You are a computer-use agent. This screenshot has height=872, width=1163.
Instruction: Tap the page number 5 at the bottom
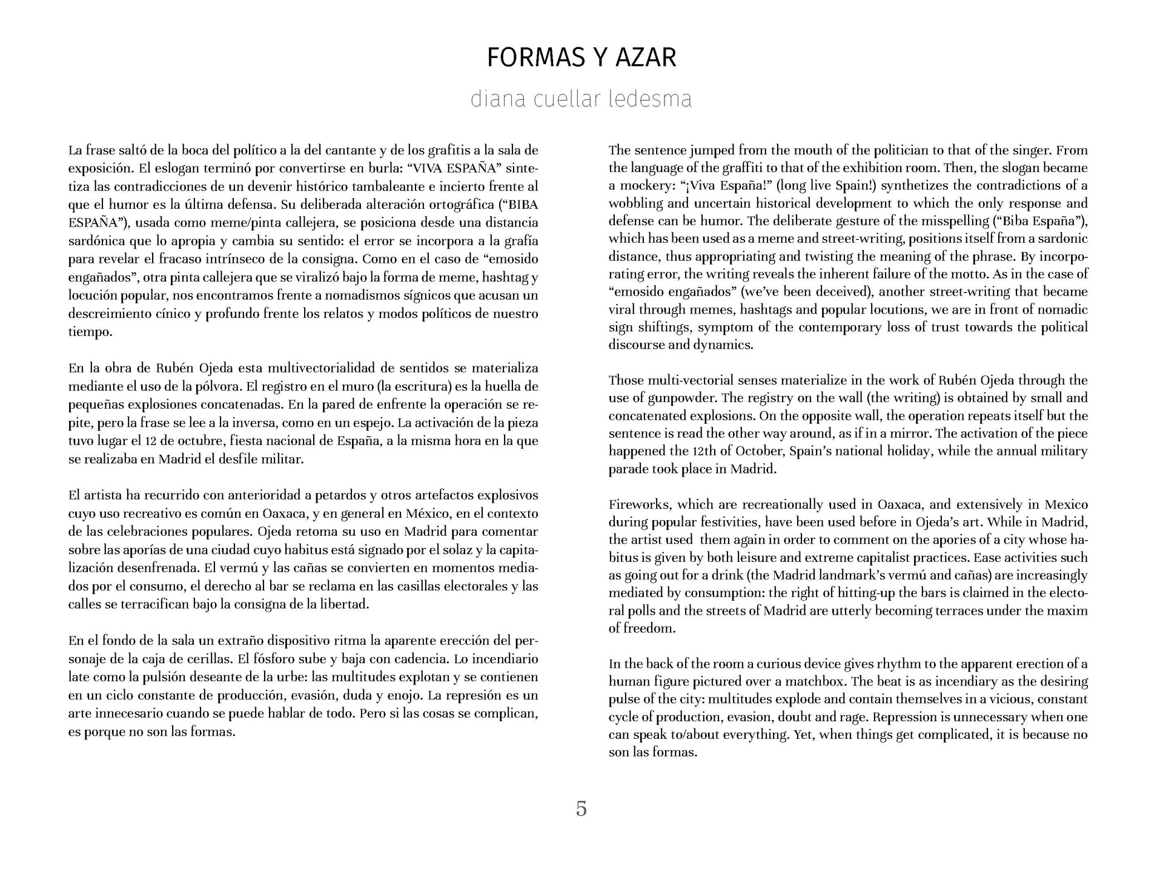click(x=581, y=808)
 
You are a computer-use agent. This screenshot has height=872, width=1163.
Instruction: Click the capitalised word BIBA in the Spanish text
click(x=521, y=204)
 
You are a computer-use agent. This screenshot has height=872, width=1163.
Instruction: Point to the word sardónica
click(x=97, y=241)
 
